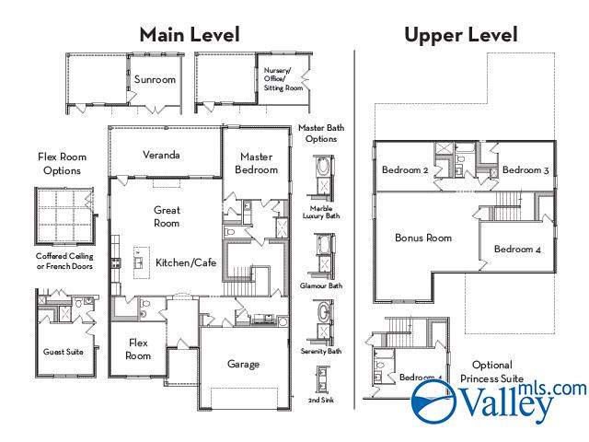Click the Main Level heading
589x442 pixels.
click(190, 35)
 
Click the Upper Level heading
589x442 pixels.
click(460, 35)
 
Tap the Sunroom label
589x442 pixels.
click(155, 80)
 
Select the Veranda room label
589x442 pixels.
click(160, 155)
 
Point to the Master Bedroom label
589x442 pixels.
click(257, 163)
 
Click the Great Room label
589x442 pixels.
click(167, 216)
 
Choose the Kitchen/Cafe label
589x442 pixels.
click(185, 263)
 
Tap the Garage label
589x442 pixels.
click(243, 364)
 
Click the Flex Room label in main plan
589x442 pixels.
click(138, 349)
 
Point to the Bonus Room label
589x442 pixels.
click(423, 238)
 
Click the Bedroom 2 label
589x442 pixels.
click(406, 170)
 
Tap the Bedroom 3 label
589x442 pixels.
click(525, 170)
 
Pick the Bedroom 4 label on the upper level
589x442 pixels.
click(517, 250)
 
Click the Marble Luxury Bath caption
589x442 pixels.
click(320, 212)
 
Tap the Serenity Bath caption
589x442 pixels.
click(321, 351)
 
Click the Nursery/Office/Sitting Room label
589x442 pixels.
click(283, 79)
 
